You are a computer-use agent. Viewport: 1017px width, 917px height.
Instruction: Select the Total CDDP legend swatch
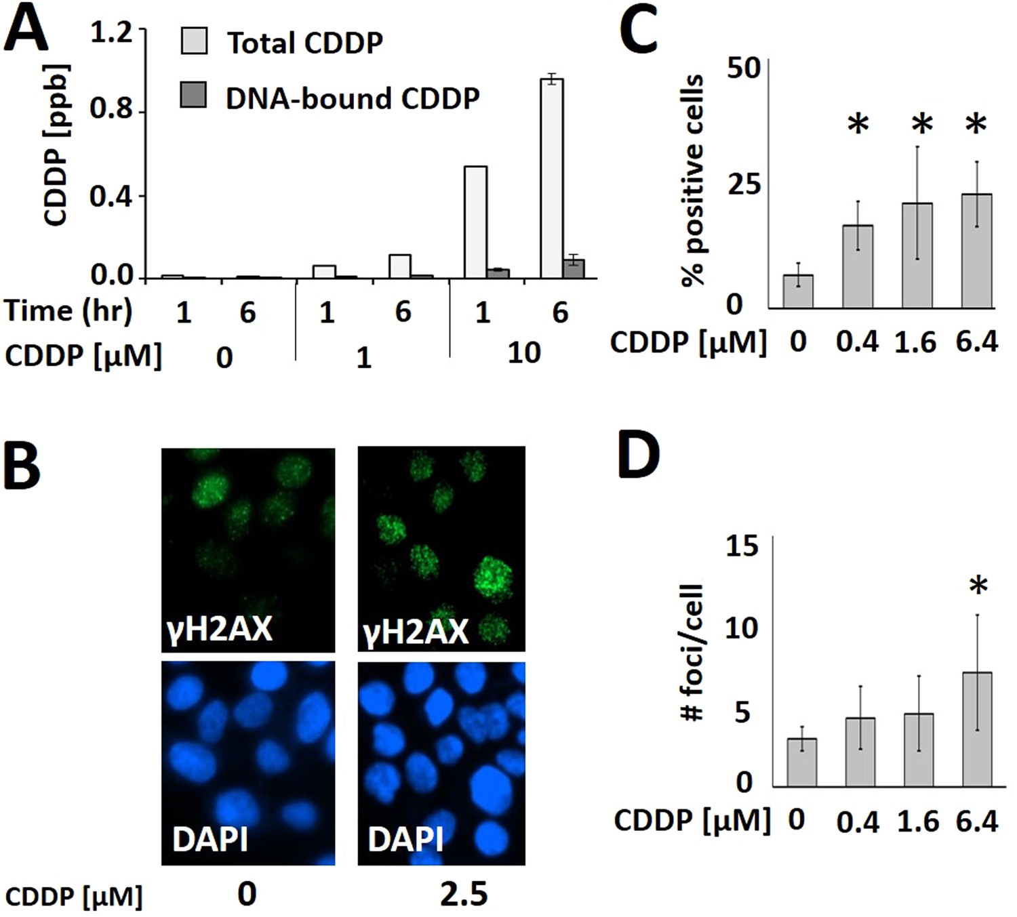(x=194, y=41)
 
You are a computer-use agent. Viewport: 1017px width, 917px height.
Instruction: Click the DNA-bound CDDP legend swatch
(x=194, y=95)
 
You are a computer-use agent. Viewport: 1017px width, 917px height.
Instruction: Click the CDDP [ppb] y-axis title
(x=56, y=145)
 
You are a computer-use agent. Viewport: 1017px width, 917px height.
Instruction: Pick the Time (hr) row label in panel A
(x=68, y=311)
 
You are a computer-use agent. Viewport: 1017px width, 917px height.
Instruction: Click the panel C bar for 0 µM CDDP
(x=798, y=291)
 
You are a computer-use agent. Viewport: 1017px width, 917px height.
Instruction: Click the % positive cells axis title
(x=693, y=181)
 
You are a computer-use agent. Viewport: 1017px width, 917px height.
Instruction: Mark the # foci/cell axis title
(x=692, y=652)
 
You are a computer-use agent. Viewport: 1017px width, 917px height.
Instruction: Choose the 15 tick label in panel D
(x=742, y=546)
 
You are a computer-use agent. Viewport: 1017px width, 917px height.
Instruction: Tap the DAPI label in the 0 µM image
(x=210, y=839)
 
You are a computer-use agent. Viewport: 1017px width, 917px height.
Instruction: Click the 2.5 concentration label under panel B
(x=464, y=895)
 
